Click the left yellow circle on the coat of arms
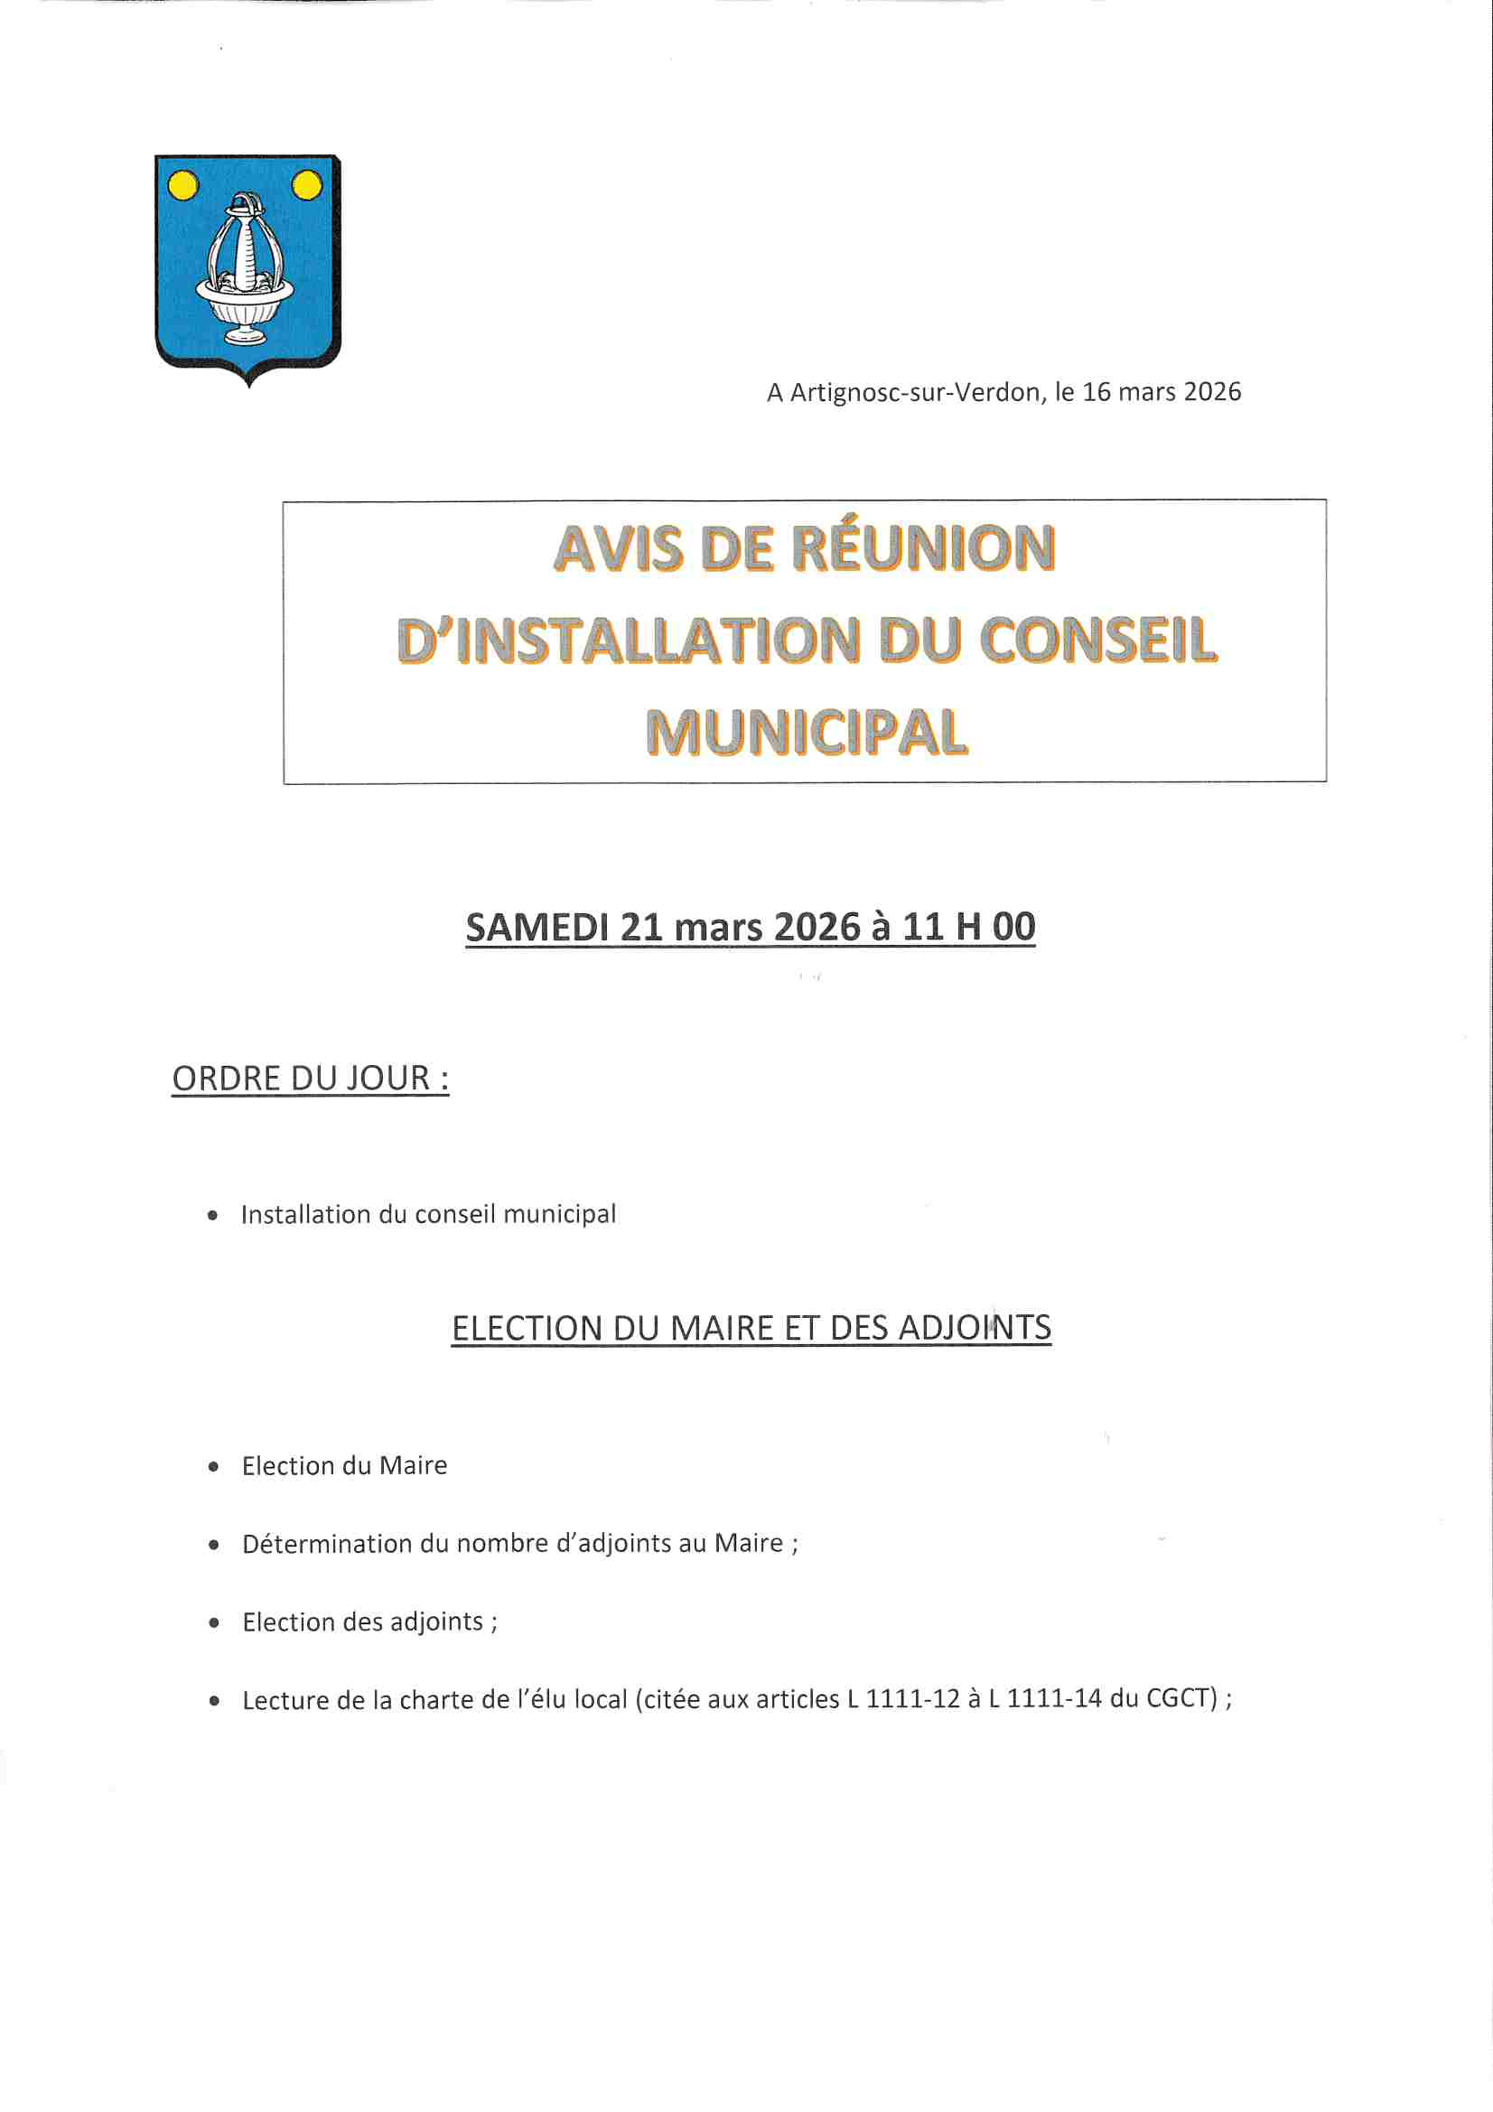183,186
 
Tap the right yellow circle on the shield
306,186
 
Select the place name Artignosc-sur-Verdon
915,393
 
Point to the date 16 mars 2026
1161,392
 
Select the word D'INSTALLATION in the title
630,641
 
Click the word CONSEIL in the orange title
1098,641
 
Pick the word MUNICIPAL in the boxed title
806,734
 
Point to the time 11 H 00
968,927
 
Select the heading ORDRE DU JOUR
310,1078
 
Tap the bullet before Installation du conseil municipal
213,1216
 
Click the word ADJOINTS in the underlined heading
975,1328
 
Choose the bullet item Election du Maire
344,1466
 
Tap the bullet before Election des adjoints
214,1623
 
